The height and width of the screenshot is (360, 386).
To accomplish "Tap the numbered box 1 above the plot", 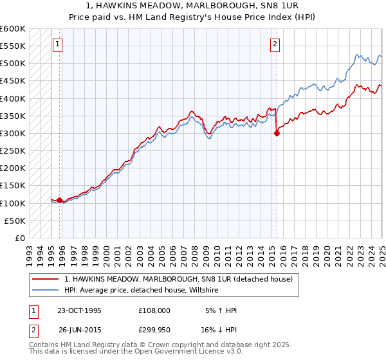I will (58, 44).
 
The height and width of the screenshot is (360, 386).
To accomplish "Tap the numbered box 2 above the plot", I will (275, 44).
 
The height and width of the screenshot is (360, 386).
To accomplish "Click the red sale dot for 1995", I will (60, 201).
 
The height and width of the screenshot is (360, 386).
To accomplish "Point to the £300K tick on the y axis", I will (12, 133).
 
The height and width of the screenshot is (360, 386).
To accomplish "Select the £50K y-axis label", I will (15, 221).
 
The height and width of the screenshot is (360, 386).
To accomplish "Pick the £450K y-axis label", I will (12, 81).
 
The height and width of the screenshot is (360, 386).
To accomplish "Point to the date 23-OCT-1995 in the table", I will (79, 310).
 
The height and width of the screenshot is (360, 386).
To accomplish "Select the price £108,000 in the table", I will (154, 310).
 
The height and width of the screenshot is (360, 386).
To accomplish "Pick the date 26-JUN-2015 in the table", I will (79, 330).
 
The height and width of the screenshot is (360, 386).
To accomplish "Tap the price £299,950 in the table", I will (154, 330).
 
